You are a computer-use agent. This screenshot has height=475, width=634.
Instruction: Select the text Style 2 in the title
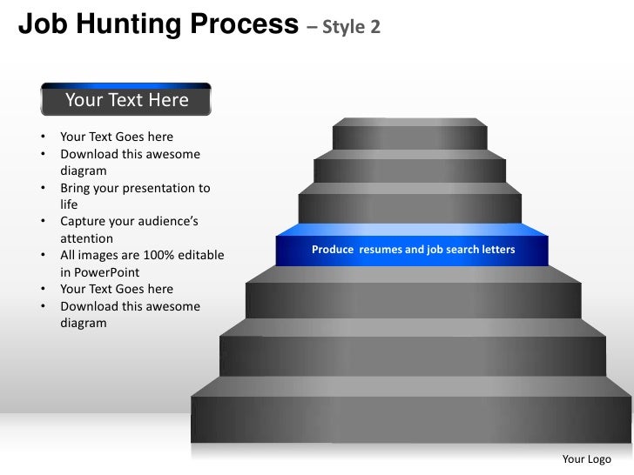click(x=351, y=27)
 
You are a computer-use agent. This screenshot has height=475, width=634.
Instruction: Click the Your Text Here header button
click(x=126, y=101)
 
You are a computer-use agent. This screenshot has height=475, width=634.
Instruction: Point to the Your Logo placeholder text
click(x=587, y=459)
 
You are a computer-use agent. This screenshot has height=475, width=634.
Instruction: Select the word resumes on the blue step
click(x=382, y=250)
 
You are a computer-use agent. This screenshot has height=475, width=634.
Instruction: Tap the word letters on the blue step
click(x=496, y=250)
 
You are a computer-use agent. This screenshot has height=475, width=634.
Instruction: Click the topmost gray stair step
click(x=409, y=135)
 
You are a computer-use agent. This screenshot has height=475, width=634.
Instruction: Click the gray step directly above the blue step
click(x=409, y=205)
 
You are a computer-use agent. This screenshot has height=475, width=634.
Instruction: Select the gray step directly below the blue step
click(x=413, y=296)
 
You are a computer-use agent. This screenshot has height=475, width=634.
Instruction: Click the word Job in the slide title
click(x=37, y=25)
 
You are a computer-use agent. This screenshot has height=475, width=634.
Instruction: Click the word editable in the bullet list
click(x=199, y=256)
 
